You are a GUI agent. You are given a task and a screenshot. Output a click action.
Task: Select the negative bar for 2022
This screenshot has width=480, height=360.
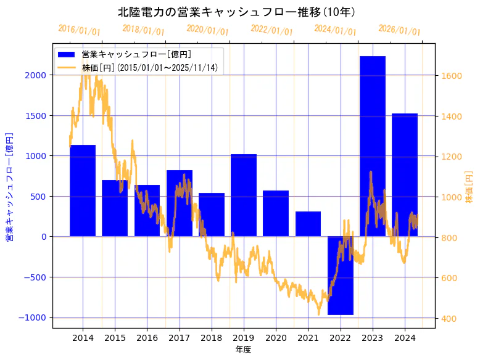340,276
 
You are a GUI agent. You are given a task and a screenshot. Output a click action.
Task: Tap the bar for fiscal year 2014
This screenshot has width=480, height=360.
83,190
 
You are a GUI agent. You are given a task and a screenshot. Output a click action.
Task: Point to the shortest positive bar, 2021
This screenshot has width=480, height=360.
308,224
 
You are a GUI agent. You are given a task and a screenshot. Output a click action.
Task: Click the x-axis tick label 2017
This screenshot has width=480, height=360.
179,338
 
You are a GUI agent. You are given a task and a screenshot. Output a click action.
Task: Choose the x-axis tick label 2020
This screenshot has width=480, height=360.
276,338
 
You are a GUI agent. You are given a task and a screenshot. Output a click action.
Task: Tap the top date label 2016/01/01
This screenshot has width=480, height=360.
79,30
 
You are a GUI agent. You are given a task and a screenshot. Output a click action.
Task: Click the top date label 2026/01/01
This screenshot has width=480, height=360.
399,30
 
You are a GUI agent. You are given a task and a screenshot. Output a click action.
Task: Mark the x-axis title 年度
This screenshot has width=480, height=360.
243,350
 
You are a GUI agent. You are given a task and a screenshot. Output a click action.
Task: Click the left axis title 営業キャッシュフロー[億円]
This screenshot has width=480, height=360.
10,186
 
